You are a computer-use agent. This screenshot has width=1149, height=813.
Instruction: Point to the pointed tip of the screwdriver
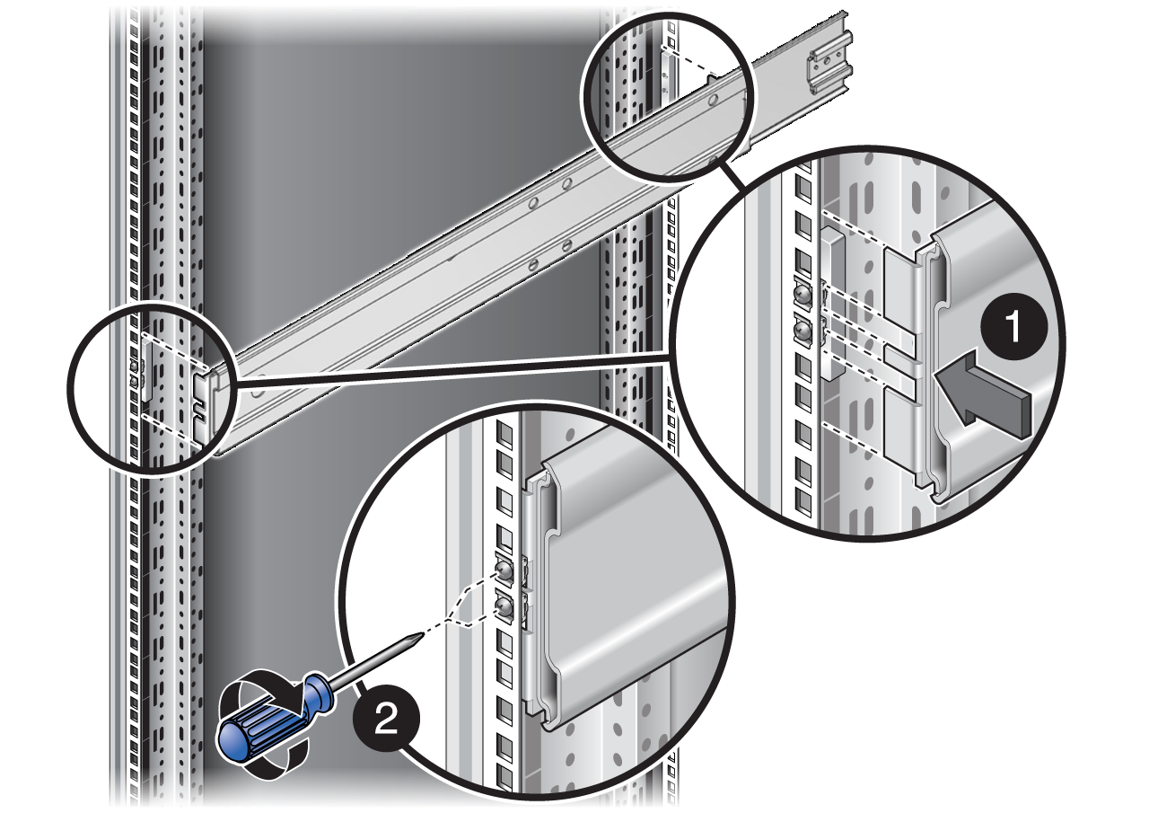[417, 635]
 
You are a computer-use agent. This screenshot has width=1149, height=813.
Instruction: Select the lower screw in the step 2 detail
[504, 608]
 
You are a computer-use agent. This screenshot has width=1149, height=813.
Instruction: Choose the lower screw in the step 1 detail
[803, 333]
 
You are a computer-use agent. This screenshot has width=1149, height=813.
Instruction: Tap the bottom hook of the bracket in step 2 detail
[544, 709]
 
